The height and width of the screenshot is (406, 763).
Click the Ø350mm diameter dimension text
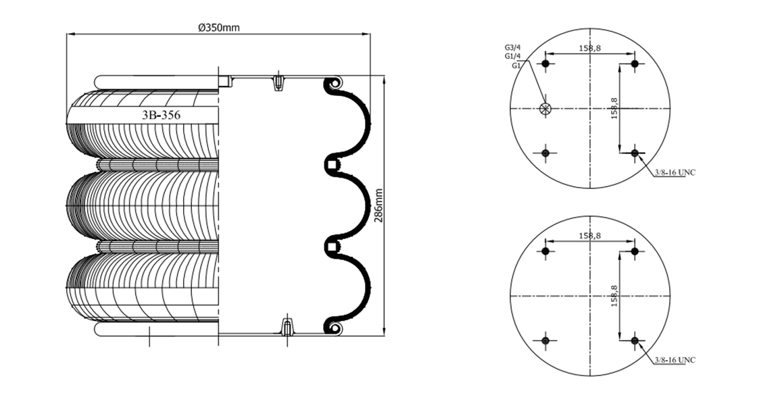(x=219, y=27)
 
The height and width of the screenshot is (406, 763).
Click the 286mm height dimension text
(x=378, y=205)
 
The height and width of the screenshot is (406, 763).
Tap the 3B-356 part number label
(x=161, y=116)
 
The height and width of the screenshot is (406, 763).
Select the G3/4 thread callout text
(x=512, y=48)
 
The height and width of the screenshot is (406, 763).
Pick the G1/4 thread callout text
(x=512, y=56)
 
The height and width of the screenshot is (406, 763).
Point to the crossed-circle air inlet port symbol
(x=545, y=109)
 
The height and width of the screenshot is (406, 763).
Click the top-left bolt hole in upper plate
(x=545, y=64)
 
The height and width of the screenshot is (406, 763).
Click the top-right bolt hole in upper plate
(x=635, y=64)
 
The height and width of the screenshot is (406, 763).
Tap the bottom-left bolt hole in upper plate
(x=545, y=153)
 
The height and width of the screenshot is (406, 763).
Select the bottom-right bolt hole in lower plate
(x=635, y=340)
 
